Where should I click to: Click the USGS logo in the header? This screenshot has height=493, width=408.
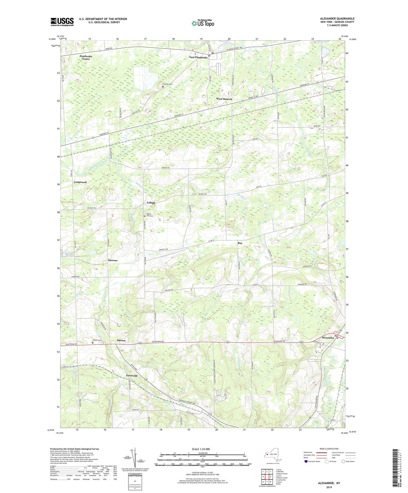(x=62, y=21)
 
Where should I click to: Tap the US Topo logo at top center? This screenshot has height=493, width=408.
(x=202, y=23)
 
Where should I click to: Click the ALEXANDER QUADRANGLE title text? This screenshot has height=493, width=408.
(x=337, y=19)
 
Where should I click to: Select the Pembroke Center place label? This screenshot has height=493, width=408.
(x=86, y=58)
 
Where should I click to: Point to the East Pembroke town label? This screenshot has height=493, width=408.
(x=198, y=57)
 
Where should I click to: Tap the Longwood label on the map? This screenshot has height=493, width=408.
(x=80, y=182)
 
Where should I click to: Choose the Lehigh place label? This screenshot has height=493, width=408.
(x=151, y=203)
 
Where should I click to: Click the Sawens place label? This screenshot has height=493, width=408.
(x=113, y=260)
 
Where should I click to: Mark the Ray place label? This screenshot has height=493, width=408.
(x=240, y=243)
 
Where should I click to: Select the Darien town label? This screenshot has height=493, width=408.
(x=121, y=341)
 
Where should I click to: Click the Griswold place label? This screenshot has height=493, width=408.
(x=132, y=376)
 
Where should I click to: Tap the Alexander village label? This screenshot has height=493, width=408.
(x=328, y=338)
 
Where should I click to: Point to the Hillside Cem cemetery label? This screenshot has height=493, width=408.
(x=167, y=84)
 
